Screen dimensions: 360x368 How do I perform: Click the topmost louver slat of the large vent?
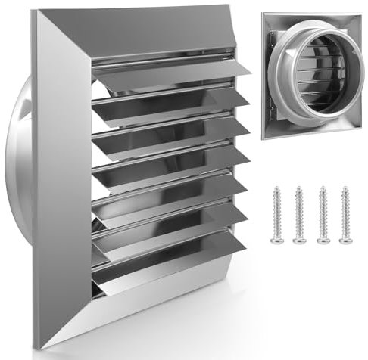pos(174,72)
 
